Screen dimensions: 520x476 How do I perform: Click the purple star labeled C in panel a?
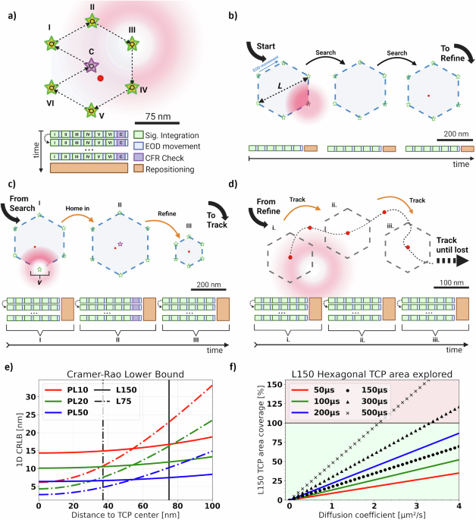click(91, 67)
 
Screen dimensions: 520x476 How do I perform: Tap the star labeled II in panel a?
click(91, 21)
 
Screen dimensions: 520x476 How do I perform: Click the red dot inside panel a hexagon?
click(101, 78)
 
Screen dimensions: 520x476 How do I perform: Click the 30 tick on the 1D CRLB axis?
click(28, 397)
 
